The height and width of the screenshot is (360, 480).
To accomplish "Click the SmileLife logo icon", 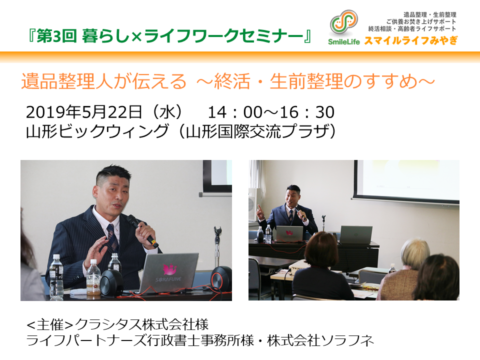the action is [344, 22].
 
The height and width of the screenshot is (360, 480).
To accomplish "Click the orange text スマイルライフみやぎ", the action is [411, 40].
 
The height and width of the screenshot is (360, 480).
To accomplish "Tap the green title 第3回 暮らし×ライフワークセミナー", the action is [169, 36].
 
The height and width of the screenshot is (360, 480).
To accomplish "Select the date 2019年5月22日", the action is [84, 112].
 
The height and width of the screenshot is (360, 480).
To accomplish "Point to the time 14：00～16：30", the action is [271, 112].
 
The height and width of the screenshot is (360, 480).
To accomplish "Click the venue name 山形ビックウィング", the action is [97, 131].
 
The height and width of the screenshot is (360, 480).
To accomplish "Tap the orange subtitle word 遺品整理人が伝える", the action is [103, 81].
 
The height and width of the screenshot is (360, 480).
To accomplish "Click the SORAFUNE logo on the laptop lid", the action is [169, 273].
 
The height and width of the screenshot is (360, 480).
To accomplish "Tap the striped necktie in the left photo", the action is [112, 237].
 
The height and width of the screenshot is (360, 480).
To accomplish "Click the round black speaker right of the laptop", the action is [221, 278].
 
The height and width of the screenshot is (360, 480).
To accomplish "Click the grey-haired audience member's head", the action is [415, 253].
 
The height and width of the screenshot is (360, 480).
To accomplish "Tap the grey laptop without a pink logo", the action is [356, 235].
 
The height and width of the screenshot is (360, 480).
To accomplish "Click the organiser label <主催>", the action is [50, 324].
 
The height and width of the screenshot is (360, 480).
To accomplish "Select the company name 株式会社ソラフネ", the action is [320, 340].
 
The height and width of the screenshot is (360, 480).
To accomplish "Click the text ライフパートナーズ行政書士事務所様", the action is [140, 340].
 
